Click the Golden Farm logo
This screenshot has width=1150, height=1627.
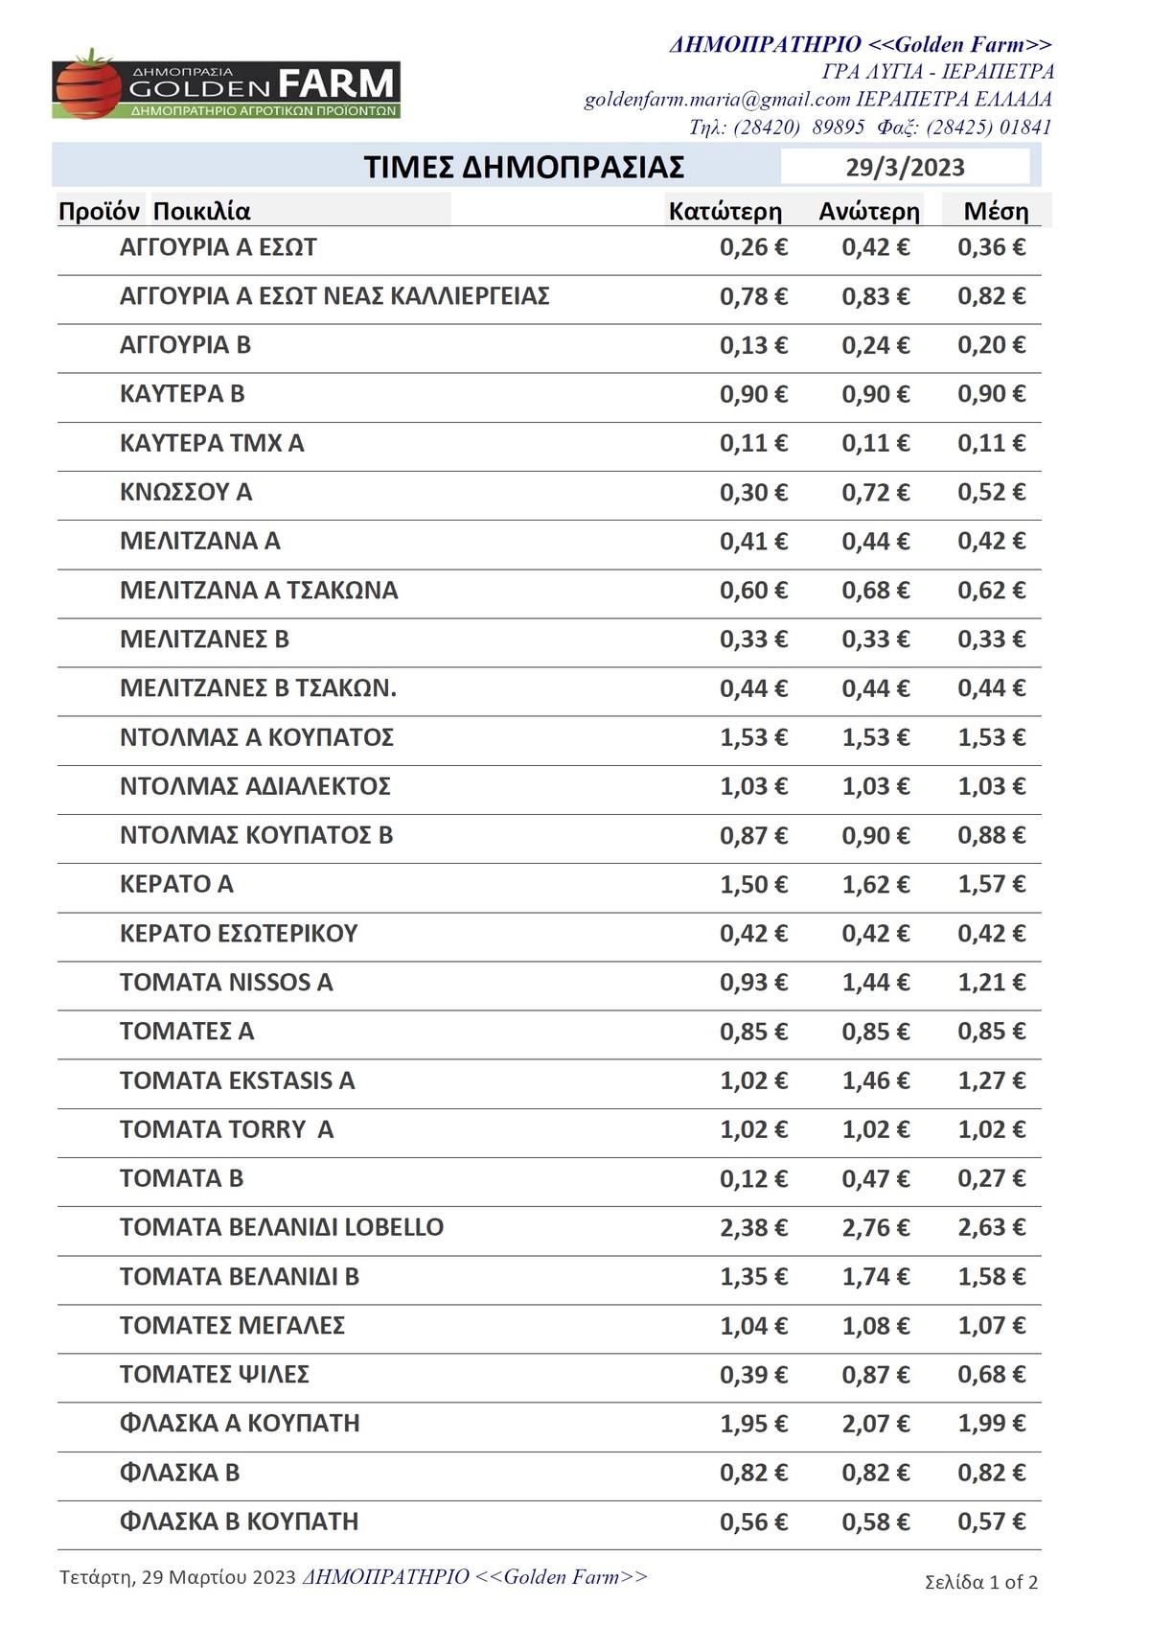[x=226, y=86]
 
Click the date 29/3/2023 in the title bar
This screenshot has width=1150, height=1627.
[x=905, y=168]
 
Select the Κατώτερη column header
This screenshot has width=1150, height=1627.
[x=724, y=212]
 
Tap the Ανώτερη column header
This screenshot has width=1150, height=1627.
[x=868, y=212]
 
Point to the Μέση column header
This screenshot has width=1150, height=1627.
[x=996, y=212]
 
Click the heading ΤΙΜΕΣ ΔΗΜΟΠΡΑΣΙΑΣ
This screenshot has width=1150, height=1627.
[x=523, y=168]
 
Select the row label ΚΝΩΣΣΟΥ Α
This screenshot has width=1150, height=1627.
[x=186, y=493]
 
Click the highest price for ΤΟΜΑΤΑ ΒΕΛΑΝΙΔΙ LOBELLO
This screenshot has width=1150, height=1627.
[x=875, y=1228]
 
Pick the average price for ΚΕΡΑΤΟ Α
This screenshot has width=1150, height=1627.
[x=991, y=885]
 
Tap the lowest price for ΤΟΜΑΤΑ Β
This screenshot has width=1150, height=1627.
[x=753, y=1179]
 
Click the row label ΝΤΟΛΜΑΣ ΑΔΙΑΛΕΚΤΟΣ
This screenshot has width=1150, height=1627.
[x=255, y=787]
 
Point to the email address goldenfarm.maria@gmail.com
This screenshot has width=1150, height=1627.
[x=717, y=100]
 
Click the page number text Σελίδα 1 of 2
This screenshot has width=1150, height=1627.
[x=981, y=1582]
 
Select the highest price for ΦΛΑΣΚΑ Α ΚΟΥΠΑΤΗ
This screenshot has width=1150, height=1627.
[x=875, y=1425]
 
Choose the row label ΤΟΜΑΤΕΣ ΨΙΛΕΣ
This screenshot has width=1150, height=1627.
[x=215, y=1375]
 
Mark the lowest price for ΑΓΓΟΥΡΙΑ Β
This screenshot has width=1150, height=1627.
[x=753, y=345]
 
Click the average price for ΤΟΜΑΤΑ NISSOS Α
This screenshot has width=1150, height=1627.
[x=991, y=983]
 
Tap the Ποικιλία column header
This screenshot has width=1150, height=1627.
[x=201, y=212]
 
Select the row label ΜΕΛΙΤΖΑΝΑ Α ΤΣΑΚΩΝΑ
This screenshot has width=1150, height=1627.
[x=259, y=591]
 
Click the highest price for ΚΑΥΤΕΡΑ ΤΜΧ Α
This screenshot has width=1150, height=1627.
[x=875, y=444]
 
